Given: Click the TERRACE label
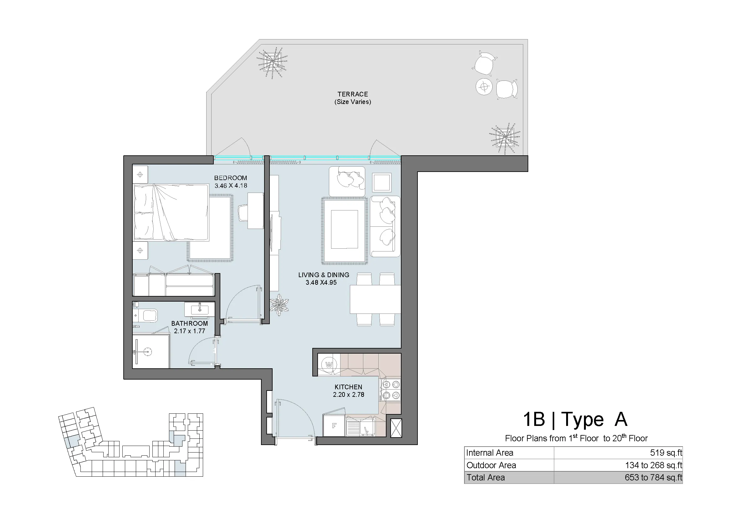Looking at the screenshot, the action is coord(353,94).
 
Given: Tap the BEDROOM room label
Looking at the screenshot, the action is coord(231,178).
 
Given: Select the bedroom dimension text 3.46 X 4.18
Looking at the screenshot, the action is coord(231,186).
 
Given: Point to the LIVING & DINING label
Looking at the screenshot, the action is coord(324,275).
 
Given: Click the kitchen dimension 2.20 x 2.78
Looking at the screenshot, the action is coord(348,395).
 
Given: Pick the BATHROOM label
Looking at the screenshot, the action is coord(189,324).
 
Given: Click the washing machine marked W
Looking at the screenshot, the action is coord(329,365).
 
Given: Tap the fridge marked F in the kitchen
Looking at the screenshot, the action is coord(334,425).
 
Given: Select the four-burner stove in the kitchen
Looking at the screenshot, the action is coord(391,390).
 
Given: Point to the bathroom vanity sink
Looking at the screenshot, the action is coord(200,309).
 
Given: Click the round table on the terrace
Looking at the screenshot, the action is coord(484,86).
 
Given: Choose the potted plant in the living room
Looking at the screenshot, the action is coord(279,305).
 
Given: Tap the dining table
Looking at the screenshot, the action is coord(375,299).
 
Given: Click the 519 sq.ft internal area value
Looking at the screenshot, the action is coord(666,453).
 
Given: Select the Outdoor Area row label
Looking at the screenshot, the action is coord(491,465).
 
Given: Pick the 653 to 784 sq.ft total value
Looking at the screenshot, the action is coord(653,478).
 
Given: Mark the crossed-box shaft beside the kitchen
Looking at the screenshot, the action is coord(396,428).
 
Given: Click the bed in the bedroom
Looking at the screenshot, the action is coord(171,212).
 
